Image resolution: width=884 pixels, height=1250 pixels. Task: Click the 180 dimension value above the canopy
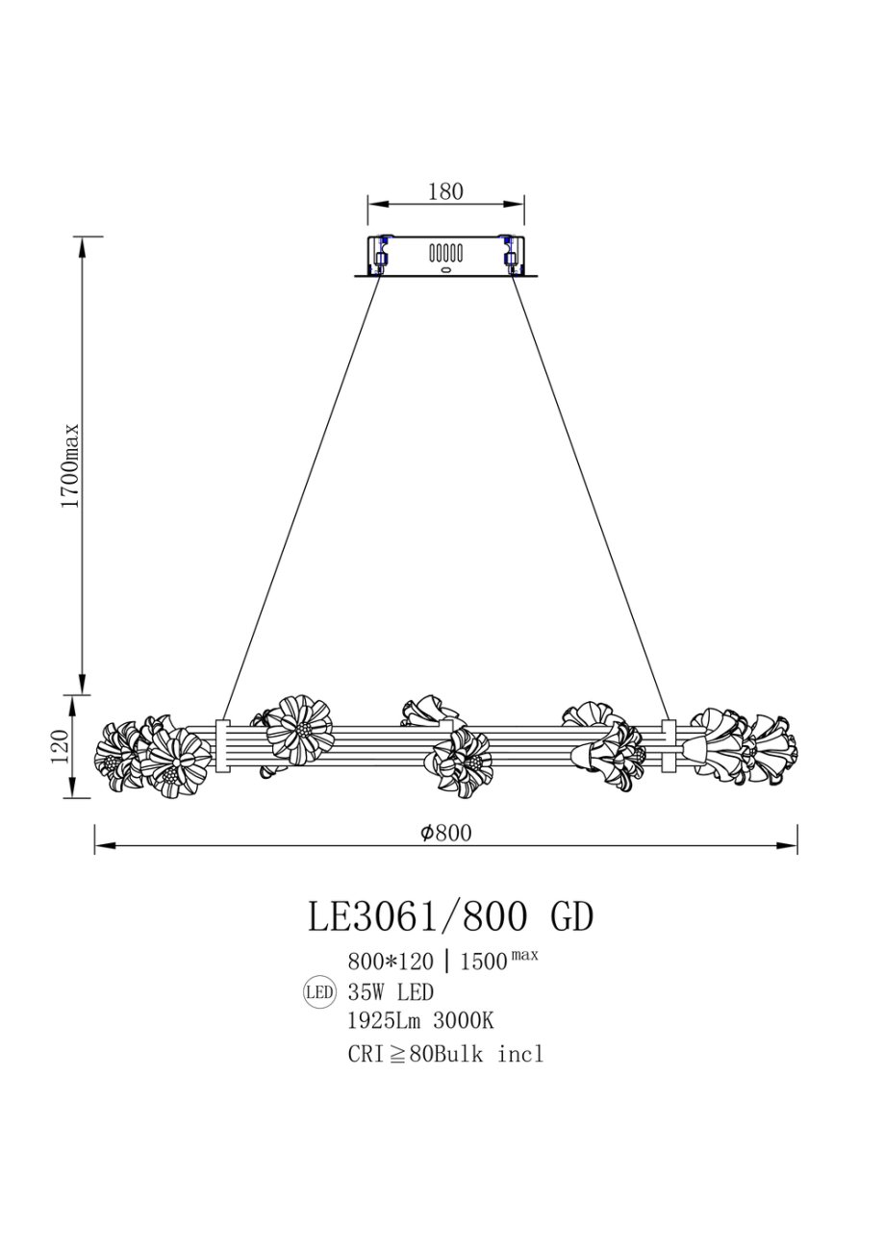[445, 191]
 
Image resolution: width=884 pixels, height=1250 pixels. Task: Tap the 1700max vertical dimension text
[71, 466]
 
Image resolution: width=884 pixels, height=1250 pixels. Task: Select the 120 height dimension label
[62, 747]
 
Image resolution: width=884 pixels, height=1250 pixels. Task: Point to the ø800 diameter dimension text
[446, 833]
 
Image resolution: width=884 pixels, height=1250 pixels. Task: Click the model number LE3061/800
[417, 917]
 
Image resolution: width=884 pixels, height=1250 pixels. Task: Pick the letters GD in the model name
[572, 917]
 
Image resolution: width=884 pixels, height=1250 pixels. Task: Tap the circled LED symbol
[319, 992]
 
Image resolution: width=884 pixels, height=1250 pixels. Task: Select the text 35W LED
[391, 992]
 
